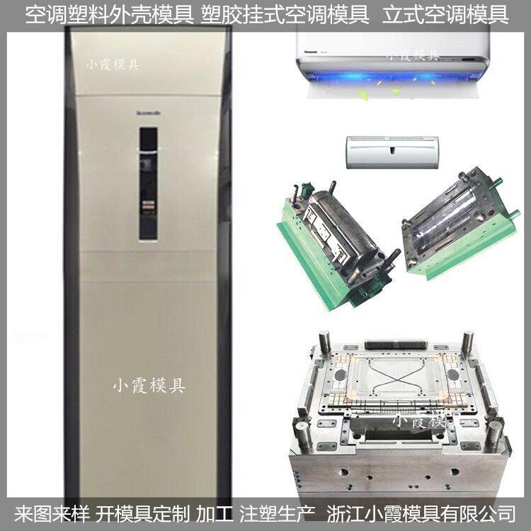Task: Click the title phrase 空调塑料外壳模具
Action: tap(105, 14)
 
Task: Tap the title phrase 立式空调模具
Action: tap(445, 14)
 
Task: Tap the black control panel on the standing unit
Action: tap(148, 183)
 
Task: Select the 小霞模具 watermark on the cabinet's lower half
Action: tap(149, 386)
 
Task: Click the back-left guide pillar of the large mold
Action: tap(324, 344)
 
